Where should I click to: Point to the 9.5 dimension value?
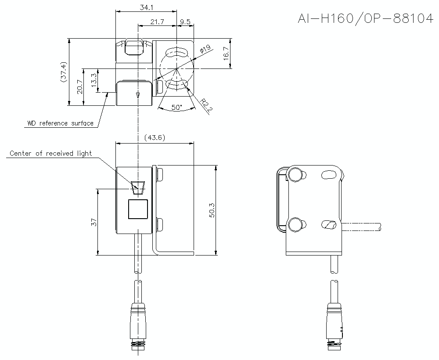(x=185, y=22)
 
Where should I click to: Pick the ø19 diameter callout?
(x=205, y=50)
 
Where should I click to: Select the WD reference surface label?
(x=60, y=123)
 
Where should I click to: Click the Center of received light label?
(x=50, y=153)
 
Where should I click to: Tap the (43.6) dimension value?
(x=155, y=137)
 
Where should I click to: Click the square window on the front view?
(x=138, y=209)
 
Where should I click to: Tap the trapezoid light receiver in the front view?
(x=137, y=186)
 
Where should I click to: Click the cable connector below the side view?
(x=335, y=325)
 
